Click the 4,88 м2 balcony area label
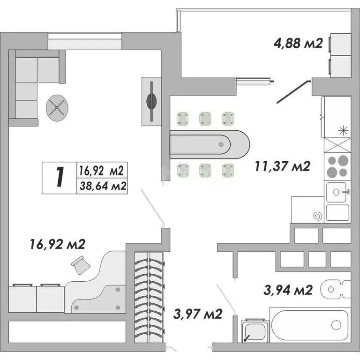tap(298, 44)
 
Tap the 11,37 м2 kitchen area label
tap(283, 166)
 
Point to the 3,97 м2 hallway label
tap(197, 313)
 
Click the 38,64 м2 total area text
tap(102, 186)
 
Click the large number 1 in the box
tap(59, 177)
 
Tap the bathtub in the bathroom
tap(309, 325)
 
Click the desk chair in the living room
tap(81, 265)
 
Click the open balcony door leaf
tap(292, 92)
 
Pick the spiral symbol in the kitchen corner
tap(317, 216)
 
